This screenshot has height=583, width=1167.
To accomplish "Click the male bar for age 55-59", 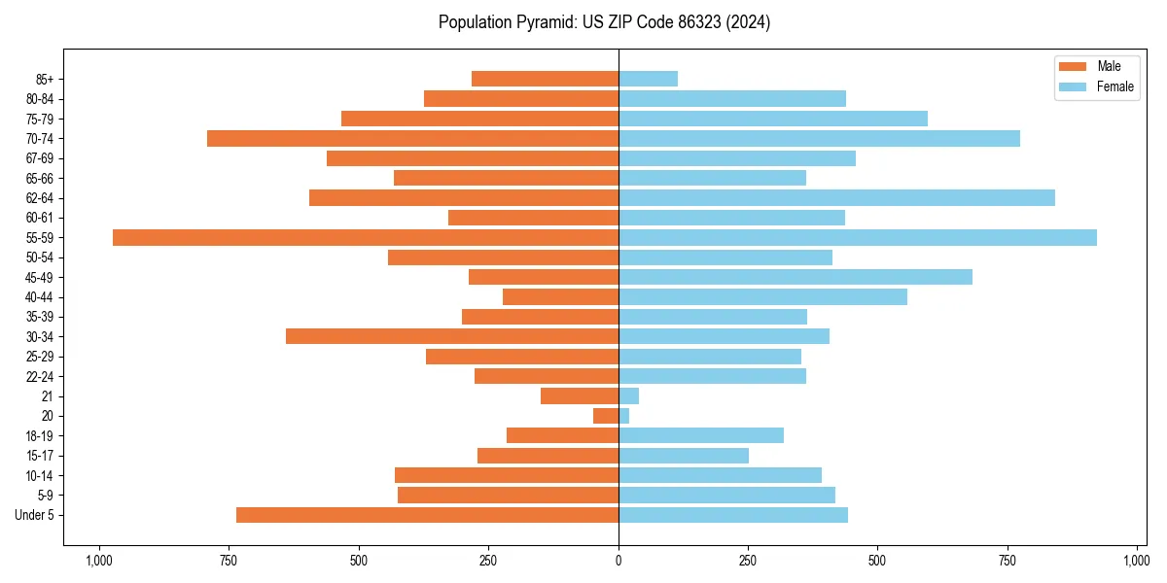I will (366, 237).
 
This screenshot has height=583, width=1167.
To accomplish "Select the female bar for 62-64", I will (836, 197).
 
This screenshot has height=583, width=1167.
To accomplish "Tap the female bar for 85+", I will (648, 79).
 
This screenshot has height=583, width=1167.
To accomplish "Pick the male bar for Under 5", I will (427, 515).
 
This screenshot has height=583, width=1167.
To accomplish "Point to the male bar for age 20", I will (606, 416).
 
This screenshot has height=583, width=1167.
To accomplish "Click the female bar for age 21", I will (628, 396).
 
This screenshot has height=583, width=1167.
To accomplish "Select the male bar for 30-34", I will (452, 336).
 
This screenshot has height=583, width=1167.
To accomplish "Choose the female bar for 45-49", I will (796, 277).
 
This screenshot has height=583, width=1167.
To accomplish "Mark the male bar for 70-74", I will (412, 138).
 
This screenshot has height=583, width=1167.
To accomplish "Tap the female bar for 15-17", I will (684, 456).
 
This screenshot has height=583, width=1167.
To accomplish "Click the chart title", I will (604, 22).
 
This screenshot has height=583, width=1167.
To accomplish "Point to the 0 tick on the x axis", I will (619, 561).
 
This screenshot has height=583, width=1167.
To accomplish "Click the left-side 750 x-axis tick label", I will (229, 561).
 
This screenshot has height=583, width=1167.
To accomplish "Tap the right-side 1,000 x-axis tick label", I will (1137, 561).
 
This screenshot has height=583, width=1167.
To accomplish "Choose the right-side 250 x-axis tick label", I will (748, 561).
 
